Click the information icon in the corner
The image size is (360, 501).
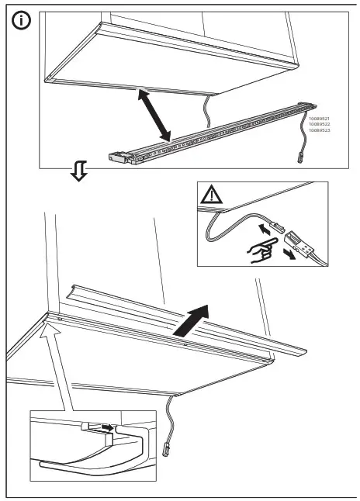point(21,22)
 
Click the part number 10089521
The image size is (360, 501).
point(320,119)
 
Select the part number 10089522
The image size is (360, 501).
point(320,125)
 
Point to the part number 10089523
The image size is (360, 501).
point(320,131)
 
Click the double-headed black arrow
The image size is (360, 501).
point(154,116)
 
